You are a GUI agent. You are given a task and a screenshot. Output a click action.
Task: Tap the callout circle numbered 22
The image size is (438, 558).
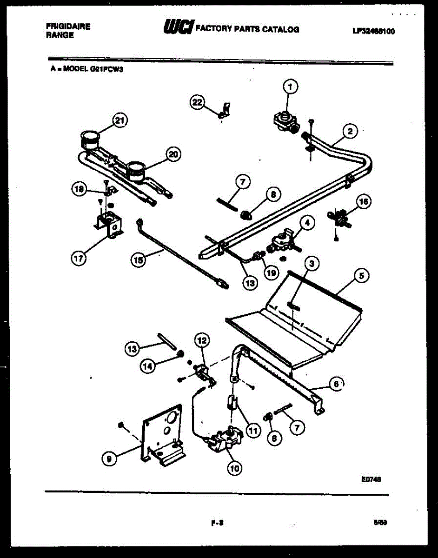pos(198,102)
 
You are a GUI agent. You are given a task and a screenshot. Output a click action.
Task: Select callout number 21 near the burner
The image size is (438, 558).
pos(120,121)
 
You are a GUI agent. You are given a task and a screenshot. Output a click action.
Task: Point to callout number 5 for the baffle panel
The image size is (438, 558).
pos(362,276)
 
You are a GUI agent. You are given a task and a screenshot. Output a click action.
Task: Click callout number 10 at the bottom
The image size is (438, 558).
pos(235,468)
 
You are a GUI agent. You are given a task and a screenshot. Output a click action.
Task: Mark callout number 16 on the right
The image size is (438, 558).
pos(364,201)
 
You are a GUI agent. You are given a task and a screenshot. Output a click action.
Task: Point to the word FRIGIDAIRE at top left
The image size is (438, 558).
pos(68,27)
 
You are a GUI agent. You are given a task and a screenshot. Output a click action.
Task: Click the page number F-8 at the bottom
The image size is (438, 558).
pos(217,522)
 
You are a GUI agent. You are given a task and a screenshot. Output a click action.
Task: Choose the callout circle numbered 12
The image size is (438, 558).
pos(201,340)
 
